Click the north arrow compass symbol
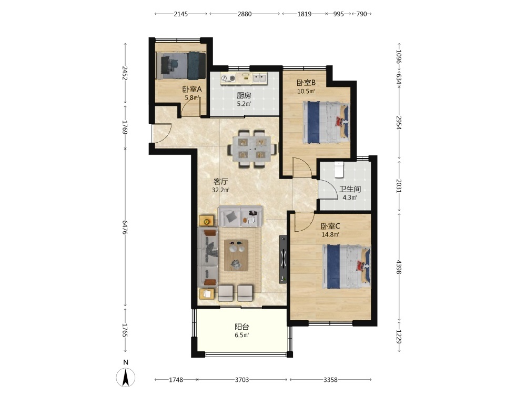pos(126,377)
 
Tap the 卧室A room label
pos(192,90)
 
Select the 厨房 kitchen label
pos(244,96)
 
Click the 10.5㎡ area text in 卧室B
pos(306,91)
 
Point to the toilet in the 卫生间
pos(339,170)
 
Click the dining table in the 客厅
pos(252,149)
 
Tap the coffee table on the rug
pos(236,255)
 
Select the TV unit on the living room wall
pos(284,259)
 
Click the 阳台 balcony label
pos(241,327)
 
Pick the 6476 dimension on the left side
pos(126,227)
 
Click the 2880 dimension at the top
pos(244,14)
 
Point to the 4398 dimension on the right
pos(399,267)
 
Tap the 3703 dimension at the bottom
pos(241,380)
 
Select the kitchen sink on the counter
pos(259,78)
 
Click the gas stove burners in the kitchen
pos(228,78)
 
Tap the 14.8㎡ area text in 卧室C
pos(330,234)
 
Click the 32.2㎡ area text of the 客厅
pos(220,190)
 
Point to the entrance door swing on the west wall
pos(161,133)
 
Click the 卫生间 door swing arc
pos(328,190)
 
